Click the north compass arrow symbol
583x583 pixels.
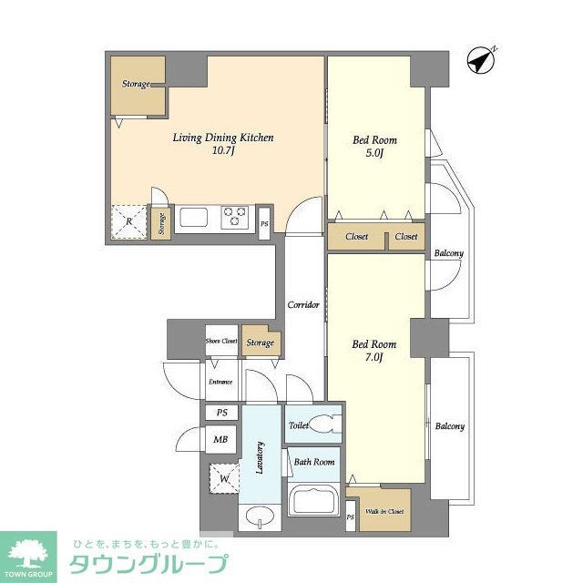(480, 60)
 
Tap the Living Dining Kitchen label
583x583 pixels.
(223, 144)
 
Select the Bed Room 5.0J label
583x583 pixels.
(375, 147)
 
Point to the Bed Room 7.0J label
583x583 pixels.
(374, 351)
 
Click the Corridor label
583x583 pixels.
(302, 304)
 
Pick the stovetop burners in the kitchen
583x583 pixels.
(236, 218)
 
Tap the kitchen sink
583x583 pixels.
(194, 218)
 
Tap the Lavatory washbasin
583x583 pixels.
(260, 517)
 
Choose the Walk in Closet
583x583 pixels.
(384, 510)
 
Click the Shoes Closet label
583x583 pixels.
(221, 342)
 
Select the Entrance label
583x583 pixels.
(220, 382)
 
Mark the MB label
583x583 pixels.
(220, 440)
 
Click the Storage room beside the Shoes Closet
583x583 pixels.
(261, 343)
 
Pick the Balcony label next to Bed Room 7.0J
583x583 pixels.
(449, 426)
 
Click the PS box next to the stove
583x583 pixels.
(264, 223)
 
